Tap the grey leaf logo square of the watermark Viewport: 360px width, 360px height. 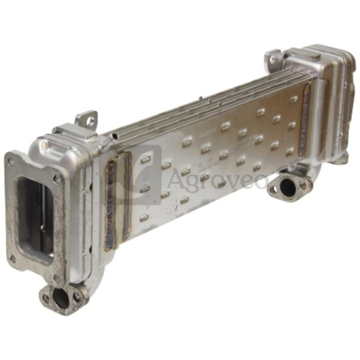point(132,175)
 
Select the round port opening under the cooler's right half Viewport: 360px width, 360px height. point(288,188)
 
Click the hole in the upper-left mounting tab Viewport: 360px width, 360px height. point(91,119)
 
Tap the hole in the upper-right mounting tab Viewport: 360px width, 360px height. point(273,60)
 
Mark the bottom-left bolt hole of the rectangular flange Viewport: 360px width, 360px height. point(13,259)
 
